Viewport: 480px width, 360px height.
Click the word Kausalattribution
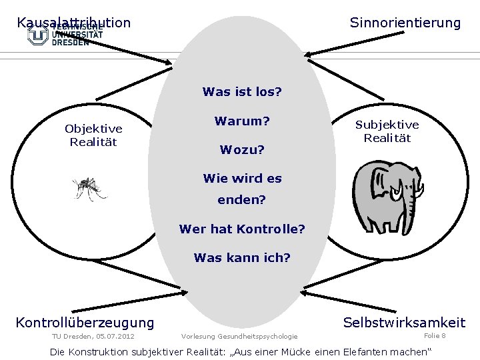point(73,23)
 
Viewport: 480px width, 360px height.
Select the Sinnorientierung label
point(405,23)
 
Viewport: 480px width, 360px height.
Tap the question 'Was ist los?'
point(242,91)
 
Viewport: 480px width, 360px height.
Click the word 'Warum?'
point(242,121)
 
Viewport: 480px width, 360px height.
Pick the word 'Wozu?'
point(242,150)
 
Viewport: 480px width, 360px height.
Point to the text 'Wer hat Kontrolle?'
point(242,229)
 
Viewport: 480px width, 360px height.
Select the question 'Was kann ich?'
point(242,257)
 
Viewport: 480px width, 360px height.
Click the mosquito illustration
point(89,189)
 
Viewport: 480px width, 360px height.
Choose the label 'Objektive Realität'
point(93,135)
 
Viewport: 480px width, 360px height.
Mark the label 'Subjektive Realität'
point(387,131)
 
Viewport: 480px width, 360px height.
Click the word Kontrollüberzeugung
point(85,323)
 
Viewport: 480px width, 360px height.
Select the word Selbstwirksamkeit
point(404,323)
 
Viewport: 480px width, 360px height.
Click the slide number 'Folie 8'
point(435,335)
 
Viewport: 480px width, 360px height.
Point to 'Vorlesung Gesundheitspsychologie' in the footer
point(239,336)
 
